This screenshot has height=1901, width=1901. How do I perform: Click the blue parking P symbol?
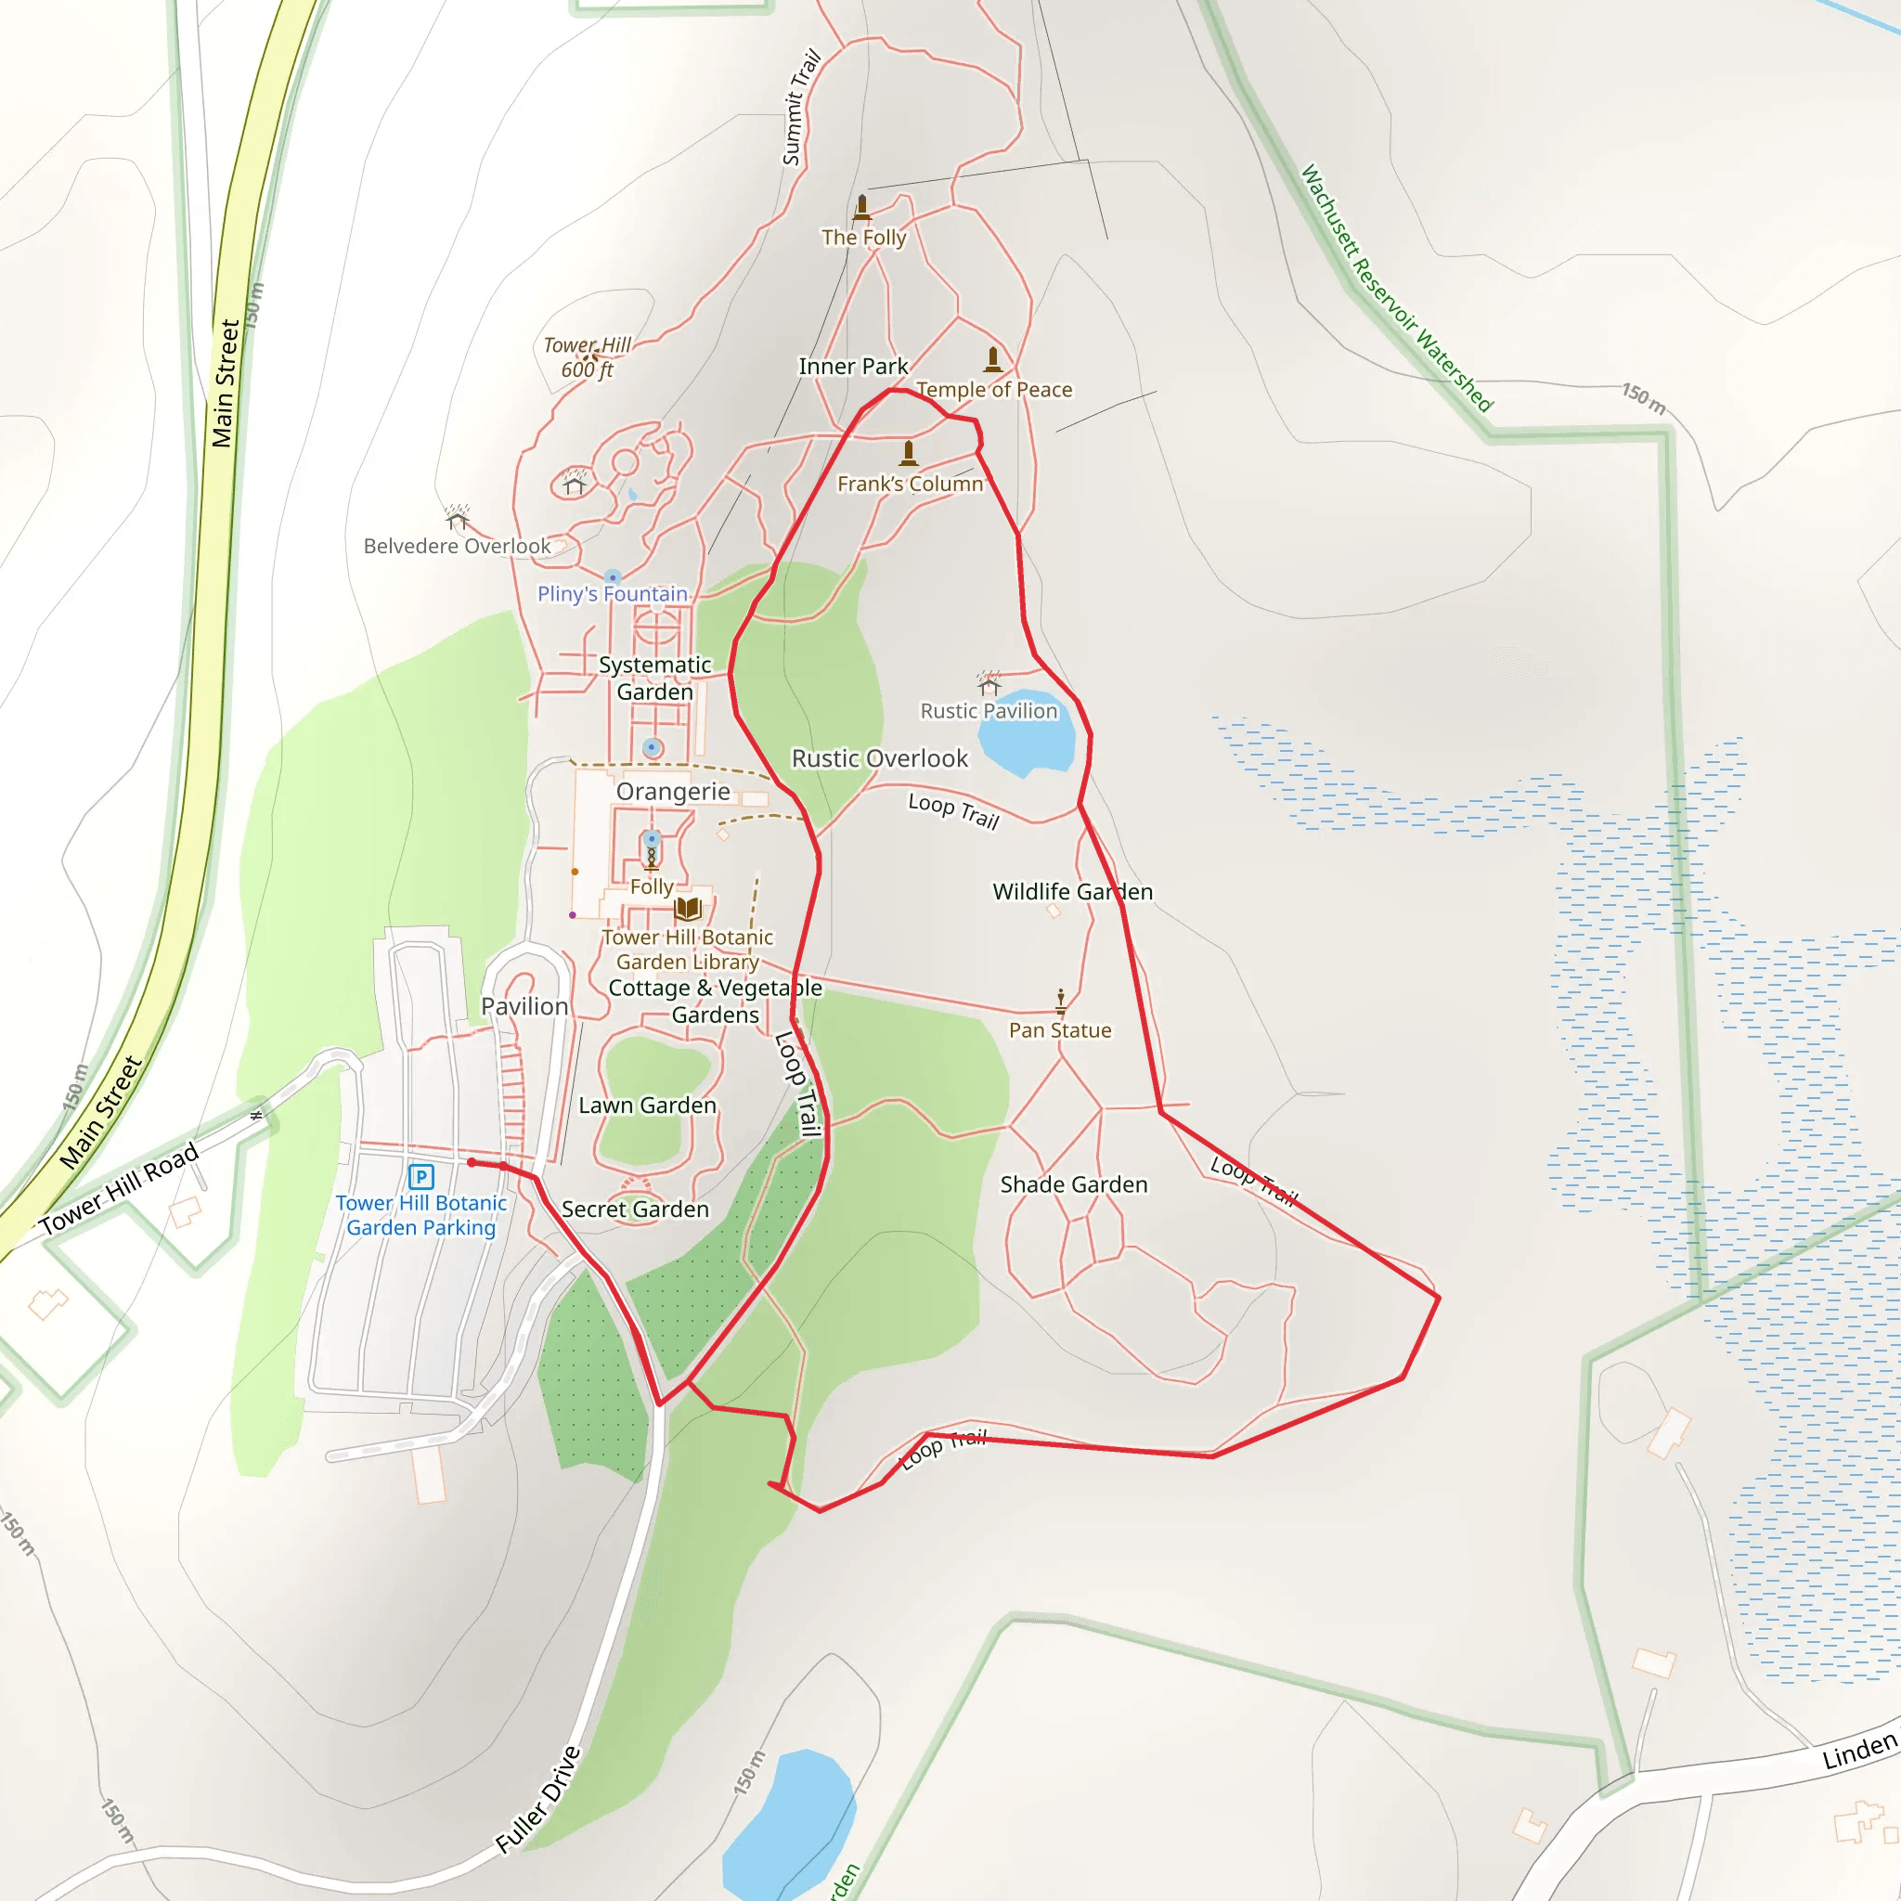421,1176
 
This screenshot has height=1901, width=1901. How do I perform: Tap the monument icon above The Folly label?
862,207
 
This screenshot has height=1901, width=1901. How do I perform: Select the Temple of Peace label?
994,390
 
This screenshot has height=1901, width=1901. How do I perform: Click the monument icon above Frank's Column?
908,453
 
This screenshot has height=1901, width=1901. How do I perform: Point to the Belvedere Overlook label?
457,546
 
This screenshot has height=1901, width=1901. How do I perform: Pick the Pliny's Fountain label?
612,594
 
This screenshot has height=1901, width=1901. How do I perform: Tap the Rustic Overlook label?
880,758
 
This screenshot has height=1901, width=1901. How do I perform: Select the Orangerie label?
673,792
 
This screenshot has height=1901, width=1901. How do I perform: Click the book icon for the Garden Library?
688,908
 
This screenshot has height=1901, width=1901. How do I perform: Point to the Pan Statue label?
1060,1030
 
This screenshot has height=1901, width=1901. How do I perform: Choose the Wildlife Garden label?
1072,891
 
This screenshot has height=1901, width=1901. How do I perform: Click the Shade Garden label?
1074,1184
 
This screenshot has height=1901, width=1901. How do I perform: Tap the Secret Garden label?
635,1209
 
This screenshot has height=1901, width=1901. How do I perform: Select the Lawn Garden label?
648,1106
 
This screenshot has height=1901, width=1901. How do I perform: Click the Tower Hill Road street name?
119,1187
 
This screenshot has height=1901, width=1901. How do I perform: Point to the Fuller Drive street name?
538,1800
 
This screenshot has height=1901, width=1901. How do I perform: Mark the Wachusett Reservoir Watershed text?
1396,288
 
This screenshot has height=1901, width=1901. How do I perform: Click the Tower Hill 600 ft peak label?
588,357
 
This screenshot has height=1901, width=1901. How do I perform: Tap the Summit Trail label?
801,108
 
